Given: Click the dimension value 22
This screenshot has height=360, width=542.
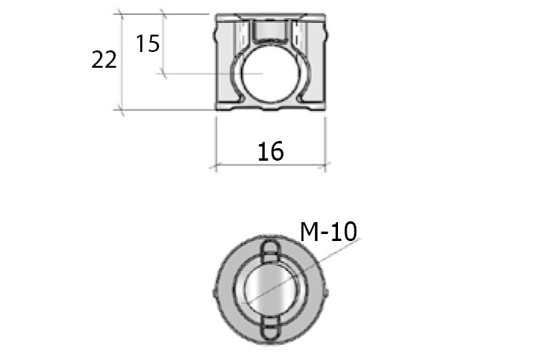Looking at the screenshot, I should [x=104, y=60].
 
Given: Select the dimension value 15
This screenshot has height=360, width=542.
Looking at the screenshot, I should [x=147, y=43].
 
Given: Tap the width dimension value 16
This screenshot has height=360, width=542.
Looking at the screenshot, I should [x=270, y=151].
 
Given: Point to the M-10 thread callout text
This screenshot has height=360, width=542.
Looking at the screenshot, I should [x=329, y=231].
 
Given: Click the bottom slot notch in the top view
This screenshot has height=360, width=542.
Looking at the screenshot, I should [x=270, y=327].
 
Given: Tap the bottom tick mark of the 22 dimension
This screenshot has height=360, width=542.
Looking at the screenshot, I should [x=121, y=109].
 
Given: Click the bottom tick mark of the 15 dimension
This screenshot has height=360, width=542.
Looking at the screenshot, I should [x=163, y=73].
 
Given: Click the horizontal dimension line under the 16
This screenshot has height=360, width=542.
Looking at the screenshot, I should [x=270, y=165].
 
